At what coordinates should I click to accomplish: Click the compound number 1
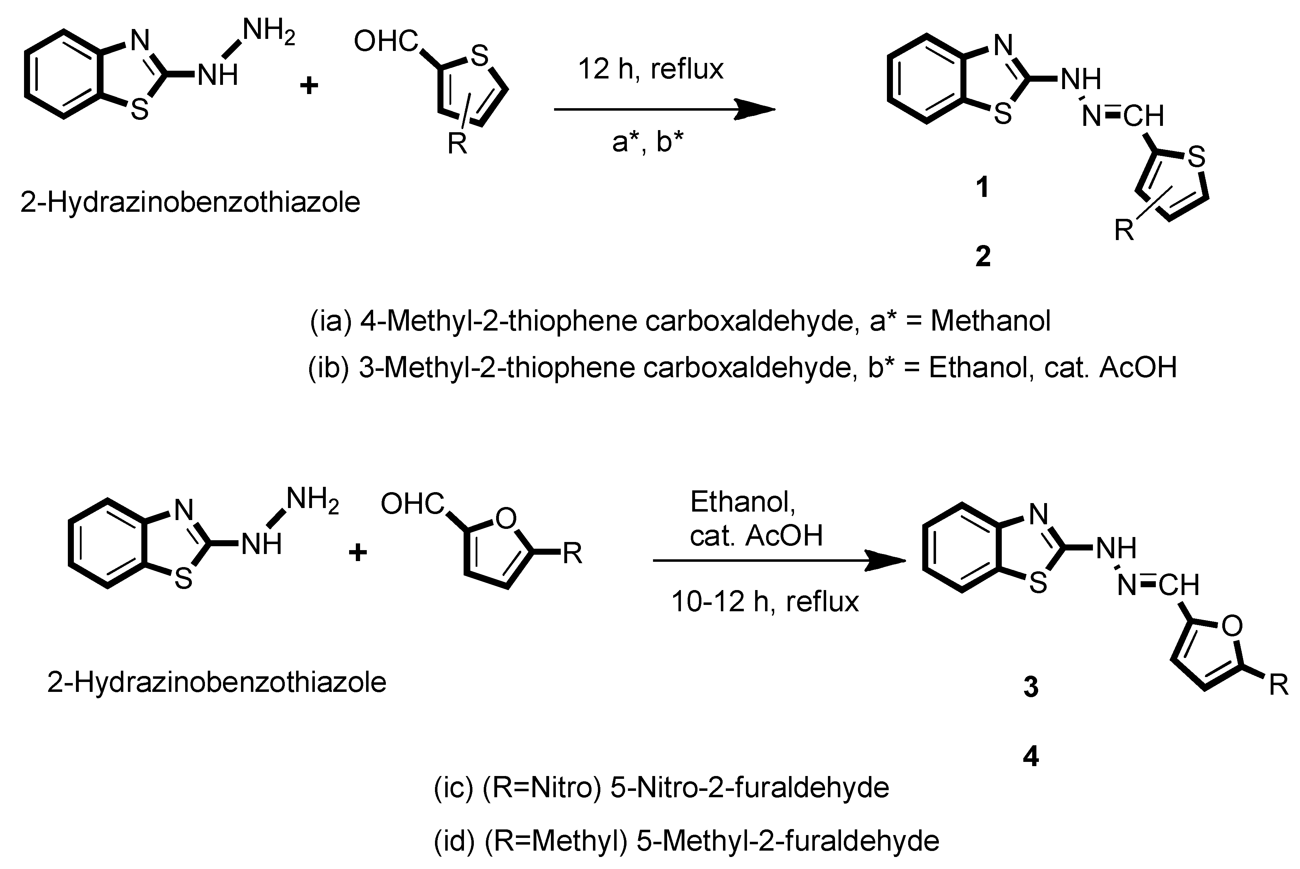click(983, 187)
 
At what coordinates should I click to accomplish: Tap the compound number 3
click(1030, 687)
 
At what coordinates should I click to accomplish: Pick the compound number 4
click(1030, 757)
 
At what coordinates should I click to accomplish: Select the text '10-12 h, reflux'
click(764, 602)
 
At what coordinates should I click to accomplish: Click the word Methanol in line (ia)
click(990, 321)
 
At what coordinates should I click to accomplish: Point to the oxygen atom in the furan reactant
click(505, 518)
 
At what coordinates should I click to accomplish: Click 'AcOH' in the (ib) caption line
click(1138, 367)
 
